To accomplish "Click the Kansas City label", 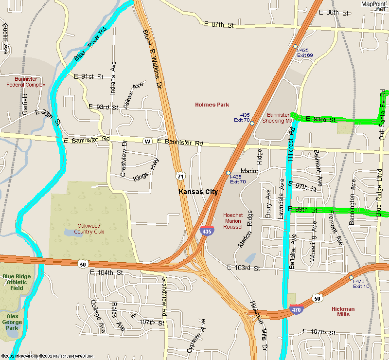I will (198, 192).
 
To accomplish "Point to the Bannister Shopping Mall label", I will (279, 117).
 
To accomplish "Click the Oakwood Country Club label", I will (89, 229).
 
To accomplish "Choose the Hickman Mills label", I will (343, 312).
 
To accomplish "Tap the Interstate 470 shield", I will (295, 309).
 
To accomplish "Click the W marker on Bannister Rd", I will (147, 142).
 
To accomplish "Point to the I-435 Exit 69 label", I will (305, 53).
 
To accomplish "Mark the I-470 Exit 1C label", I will (361, 284).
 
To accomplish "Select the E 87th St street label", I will (219, 24).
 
